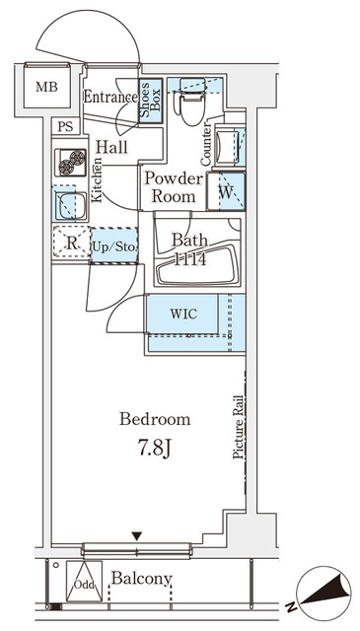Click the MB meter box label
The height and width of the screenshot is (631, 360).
[47, 88]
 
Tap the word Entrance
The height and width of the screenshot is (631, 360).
[110, 97]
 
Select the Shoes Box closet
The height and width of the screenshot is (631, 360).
[151, 102]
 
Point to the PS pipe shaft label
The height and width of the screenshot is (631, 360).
[65, 126]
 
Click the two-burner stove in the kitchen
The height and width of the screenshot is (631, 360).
[71, 161]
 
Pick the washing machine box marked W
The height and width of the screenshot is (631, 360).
[227, 190]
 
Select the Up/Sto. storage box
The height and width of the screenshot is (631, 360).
[115, 245]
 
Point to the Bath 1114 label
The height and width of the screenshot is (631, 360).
[189, 248]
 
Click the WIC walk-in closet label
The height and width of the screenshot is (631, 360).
[184, 315]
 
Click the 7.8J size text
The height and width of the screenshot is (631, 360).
[155, 449]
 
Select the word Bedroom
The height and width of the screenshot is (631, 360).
[155, 420]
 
